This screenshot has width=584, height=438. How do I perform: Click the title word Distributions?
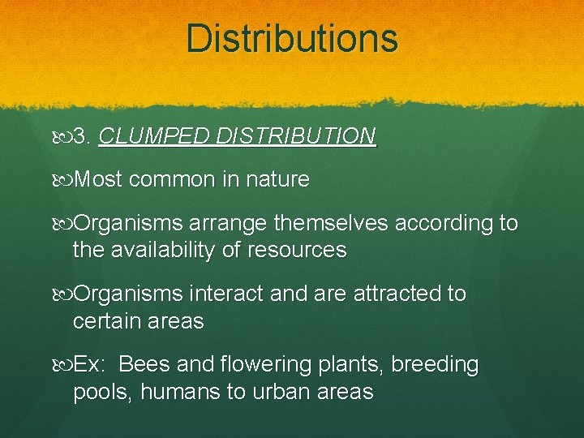pos(292,38)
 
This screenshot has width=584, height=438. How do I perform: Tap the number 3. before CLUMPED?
pos(82,135)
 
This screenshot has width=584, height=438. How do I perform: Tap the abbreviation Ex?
pos(88,365)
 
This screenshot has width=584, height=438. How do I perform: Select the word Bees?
pos(144,365)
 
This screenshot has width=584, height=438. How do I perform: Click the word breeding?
pos(435,366)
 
